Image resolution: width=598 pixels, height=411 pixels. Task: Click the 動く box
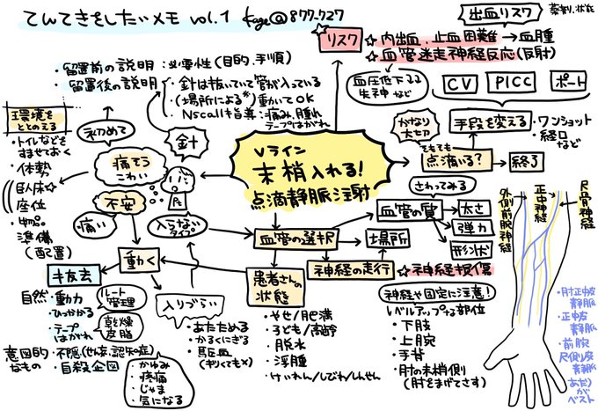coord(138,261)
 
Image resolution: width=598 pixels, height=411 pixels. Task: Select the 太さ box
coord(471,210)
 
